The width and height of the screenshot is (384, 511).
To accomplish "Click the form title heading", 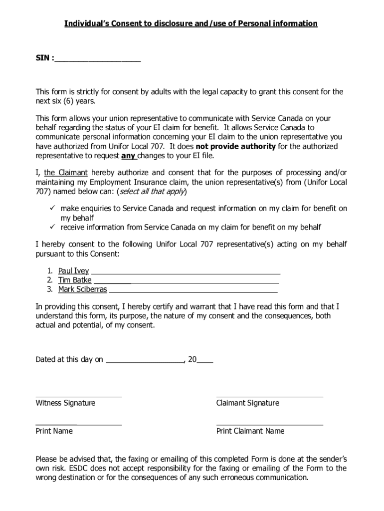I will [x=191, y=23].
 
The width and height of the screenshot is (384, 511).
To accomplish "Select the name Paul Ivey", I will [x=73, y=271].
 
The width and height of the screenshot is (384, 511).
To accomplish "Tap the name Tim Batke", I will [x=75, y=280].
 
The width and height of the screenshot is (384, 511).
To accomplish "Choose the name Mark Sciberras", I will [x=82, y=289].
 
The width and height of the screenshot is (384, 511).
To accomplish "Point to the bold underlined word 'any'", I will [x=129, y=155].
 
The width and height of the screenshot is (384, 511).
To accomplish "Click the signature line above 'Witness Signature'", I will [x=78, y=396].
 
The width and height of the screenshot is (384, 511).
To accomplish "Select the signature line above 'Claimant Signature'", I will [x=269, y=396].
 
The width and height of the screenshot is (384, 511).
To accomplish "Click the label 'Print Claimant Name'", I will [x=250, y=431].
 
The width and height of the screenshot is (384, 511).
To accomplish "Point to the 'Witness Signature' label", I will [x=65, y=403].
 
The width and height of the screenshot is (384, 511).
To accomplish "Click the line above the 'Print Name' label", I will [x=78, y=424].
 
